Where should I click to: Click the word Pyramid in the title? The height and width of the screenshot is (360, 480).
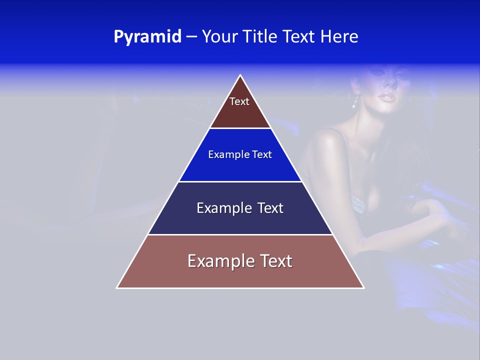[x=147, y=37]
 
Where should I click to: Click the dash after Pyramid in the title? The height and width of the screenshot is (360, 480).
[x=191, y=37]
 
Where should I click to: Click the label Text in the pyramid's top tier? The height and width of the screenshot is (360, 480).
[x=239, y=102]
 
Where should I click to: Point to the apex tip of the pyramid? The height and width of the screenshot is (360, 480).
[x=240, y=75]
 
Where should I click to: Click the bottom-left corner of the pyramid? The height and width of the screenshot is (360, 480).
[x=117, y=287]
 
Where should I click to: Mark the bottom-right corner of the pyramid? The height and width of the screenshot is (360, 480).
[x=363, y=287]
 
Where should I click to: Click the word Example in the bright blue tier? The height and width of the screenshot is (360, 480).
[x=222, y=155]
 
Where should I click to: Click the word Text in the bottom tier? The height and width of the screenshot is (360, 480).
[x=273, y=261]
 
